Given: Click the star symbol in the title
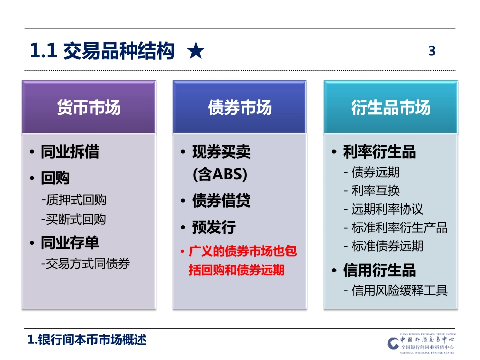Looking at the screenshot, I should [x=196, y=52].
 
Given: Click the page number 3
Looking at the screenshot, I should [x=431, y=51].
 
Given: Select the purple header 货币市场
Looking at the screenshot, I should [x=89, y=108].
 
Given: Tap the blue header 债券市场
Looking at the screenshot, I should [x=239, y=108].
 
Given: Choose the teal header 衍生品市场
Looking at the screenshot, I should [x=391, y=108].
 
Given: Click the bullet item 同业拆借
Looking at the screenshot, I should [x=70, y=152].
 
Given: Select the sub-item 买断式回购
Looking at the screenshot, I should [x=74, y=219].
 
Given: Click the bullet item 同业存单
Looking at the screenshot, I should [x=70, y=243].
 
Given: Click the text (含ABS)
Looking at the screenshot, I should [x=220, y=175].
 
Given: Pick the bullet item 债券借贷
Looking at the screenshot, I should [x=221, y=201].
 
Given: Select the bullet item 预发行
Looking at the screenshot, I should [x=213, y=227].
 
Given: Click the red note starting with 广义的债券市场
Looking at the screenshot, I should [x=242, y=261].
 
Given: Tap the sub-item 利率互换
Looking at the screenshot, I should [x=375, y=190].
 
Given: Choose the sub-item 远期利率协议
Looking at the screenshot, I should [x=387, y=209].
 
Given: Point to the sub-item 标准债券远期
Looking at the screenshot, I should [x=387, y=246].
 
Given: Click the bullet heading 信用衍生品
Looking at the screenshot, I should [x=379, y=270].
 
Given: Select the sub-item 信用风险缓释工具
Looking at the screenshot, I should [x=399, y=290].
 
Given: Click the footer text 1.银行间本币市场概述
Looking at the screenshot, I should [x=87, y=340].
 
